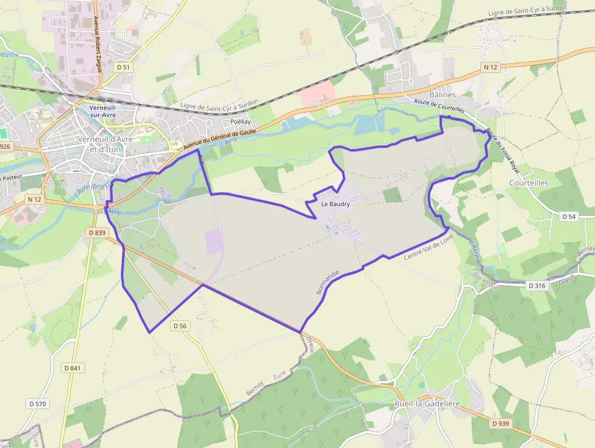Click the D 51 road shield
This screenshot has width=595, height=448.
pos(123,67)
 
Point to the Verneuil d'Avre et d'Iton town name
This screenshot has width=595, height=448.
pos(101,143)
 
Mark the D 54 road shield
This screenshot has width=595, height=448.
pos(568,216)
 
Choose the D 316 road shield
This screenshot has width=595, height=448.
pos(537,285)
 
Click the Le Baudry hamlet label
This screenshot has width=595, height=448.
pos(335,204)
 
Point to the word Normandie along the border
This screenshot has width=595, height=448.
pos(326,283)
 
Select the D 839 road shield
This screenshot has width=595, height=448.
pos(97,233)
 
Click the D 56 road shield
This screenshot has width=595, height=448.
pos(180,326)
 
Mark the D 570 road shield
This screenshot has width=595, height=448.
pos(38,404)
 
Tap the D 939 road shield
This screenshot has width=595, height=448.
pos(500,423)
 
